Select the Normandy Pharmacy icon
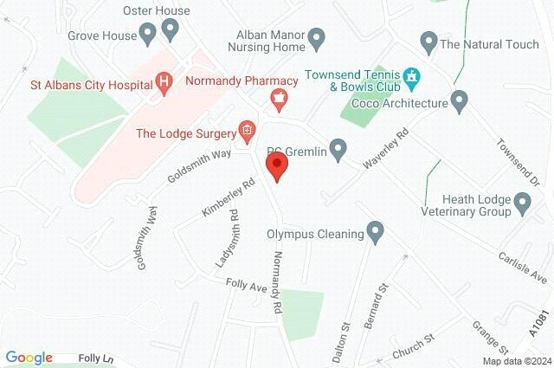tap(278, 100)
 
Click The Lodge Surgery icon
tap(248, 132)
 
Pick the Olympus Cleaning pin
tap(375, 231)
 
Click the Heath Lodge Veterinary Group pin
tap(522, 203)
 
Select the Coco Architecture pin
tap(459, 102)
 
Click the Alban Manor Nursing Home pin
tap(317, 39)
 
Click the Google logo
tap(29, 358)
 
